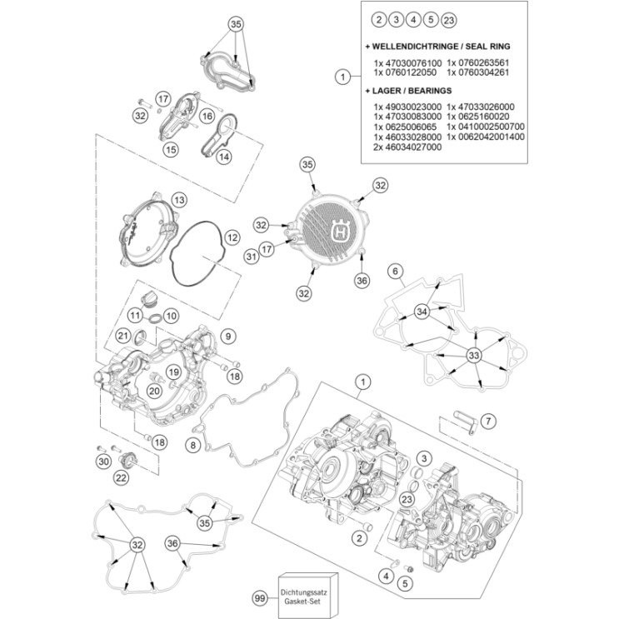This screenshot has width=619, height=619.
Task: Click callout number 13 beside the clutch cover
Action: click(x=178, y=200)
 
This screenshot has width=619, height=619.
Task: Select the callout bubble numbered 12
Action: click(x=232, y=237)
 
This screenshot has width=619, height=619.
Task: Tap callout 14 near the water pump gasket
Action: click(x=224, y=156)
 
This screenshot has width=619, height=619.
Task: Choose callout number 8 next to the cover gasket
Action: click(x=192, y=446)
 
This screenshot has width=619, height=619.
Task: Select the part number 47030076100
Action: click(x=408, y=62)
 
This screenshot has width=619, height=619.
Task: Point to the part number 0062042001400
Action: click(x=486, y=136)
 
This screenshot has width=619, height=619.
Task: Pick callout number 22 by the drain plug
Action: click(x=121, y=477)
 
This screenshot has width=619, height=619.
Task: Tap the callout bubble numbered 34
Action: click(x=422, y=312)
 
